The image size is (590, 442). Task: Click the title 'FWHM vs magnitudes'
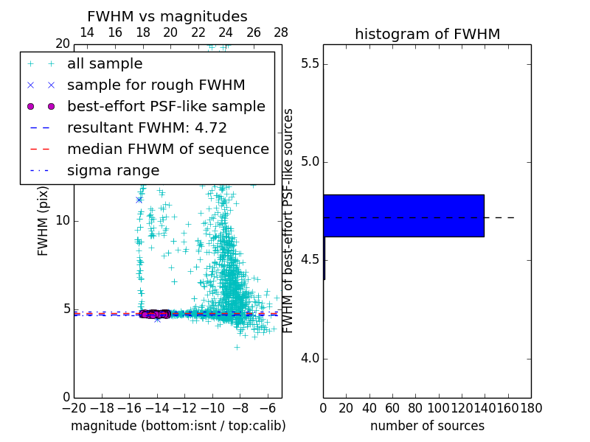(167, 16)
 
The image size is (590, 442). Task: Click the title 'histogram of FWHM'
(427, 34)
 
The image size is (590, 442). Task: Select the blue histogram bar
(403, 215)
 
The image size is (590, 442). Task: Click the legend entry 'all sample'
(105, 64)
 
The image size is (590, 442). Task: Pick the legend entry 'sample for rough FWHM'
(156, 85)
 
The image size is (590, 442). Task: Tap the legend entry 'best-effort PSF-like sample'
(166, 107)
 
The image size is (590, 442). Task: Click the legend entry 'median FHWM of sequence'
(167, 150)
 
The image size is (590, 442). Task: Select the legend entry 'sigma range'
(113, 171)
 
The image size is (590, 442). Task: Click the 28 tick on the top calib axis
(281, 32)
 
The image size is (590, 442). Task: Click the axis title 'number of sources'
(427, 426)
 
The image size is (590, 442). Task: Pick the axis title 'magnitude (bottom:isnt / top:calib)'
(178, 426)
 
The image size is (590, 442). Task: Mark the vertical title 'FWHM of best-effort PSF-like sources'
(289, 220)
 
